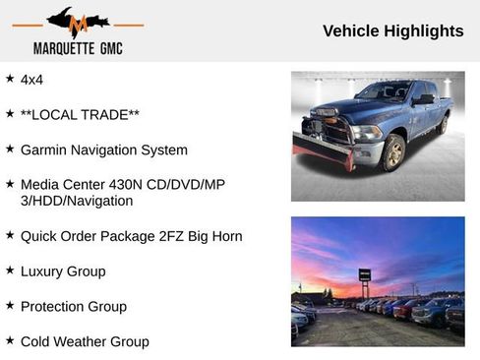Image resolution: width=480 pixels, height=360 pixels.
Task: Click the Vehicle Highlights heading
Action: click(392, 31)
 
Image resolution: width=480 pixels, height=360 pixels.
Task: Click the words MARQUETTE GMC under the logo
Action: click(78, 48)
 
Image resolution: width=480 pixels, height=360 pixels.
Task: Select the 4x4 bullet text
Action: click(32, 79)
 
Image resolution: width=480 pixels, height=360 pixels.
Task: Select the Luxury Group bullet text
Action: click(63, 270)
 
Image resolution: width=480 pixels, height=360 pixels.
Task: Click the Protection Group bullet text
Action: click(73, 306)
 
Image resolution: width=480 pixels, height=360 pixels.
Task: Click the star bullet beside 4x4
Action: click(10, 78)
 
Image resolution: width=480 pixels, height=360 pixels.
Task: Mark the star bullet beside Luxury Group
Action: click(10, 270)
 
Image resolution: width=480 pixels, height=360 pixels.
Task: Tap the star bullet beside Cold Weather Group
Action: click(10, 340)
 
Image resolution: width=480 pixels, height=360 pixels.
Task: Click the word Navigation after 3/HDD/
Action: click(97, 201)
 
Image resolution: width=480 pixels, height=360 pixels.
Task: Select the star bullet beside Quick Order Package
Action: click(10, 235)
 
